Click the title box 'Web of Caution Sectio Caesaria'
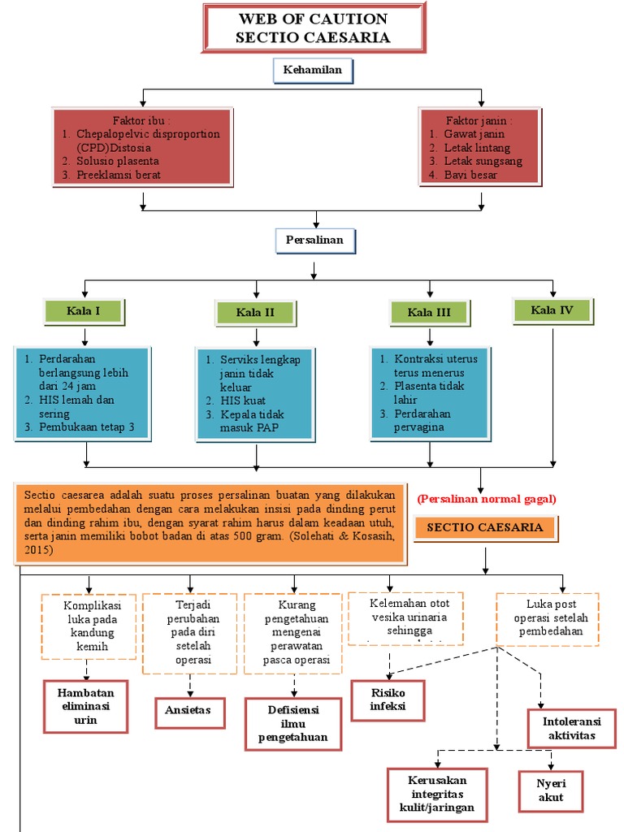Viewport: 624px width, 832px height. (313, 28)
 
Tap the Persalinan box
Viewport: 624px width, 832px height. (314, 240)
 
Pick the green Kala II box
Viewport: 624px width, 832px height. (255, 313)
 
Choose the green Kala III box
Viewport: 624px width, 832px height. (430, 313)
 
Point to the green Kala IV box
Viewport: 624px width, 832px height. (553, 310)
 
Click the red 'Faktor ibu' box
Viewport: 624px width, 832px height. (143, 147)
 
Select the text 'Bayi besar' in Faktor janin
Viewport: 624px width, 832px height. (470, 175)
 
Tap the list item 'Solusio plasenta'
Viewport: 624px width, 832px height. (118, 161)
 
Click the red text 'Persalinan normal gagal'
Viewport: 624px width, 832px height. (487, 499)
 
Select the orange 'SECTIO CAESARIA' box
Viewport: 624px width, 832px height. (485, 527)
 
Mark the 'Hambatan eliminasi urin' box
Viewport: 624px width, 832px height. (85, 706)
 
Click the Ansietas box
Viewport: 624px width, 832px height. (188, 709)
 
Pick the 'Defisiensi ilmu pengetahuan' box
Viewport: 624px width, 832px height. (292, 723)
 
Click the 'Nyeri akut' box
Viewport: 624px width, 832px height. (550, 790)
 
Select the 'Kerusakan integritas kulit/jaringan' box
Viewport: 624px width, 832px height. (437, 794)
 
